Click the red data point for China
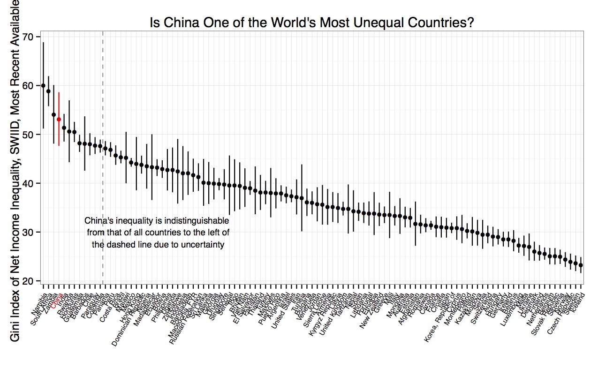[x=59, y=119]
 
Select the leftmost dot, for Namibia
[x=43, y=86]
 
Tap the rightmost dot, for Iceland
[x=581, y=265]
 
